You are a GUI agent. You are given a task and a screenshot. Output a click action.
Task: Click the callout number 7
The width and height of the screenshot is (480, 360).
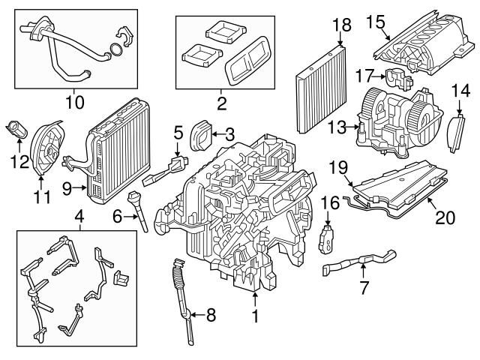coord(363,286)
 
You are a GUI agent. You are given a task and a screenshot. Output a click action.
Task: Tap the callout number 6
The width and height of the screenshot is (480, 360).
coord(118,215)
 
